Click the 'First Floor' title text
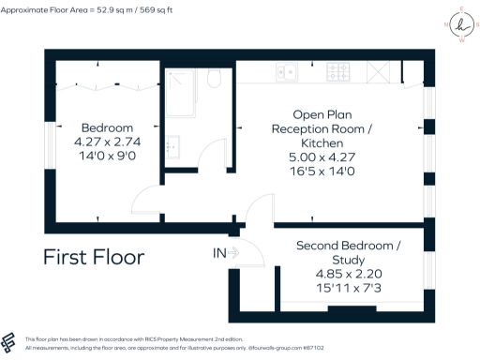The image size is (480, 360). (x=94, y=256)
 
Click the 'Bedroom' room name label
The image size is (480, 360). (x=107, y=127)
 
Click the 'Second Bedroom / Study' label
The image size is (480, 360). (x=348, y=252)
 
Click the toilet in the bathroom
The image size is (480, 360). (x=214, y=78)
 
